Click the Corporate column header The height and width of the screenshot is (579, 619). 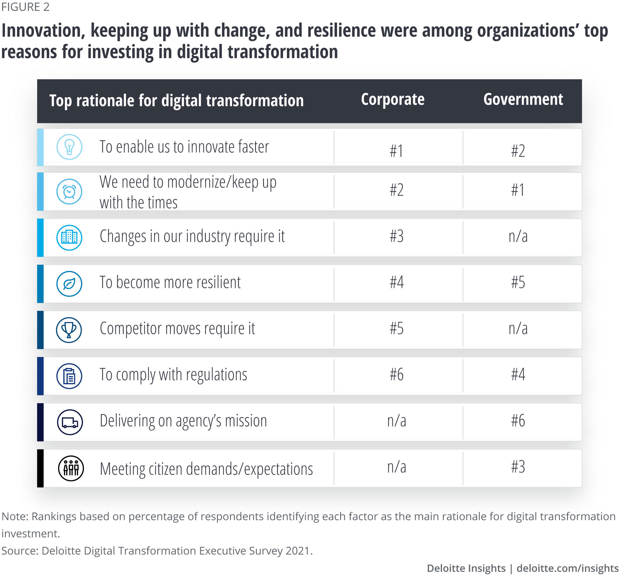point(392,100)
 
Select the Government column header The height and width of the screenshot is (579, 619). point(523,100)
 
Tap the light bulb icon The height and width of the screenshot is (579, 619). point(69,147)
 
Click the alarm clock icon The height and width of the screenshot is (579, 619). point(69,192)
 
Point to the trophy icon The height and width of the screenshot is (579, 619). point(69,330)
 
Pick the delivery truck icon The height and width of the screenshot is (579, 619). point(70,422)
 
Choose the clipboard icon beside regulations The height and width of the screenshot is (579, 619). point(69,376)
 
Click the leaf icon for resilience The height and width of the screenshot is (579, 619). point(69,284)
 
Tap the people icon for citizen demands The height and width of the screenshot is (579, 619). point(71,468)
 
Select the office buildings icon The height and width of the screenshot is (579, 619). point(69,238)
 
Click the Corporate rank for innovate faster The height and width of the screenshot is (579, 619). point(396,151)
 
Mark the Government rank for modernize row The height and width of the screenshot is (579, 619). point(518,190)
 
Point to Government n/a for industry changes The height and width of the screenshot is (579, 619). point(518,236)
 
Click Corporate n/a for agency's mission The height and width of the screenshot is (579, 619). point(396,420)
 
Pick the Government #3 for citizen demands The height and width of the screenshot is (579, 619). point(518,467)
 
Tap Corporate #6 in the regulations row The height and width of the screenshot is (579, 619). point(396,374)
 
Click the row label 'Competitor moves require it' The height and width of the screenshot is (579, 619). point(177,329)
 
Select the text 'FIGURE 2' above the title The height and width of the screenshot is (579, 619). point(25,7)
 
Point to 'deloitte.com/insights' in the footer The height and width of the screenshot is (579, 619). point(567,568)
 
